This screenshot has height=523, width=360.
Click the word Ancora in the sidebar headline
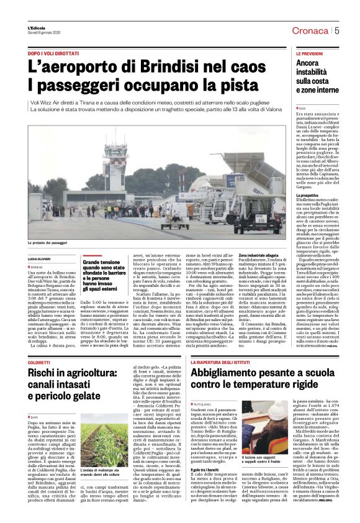(307, 63)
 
